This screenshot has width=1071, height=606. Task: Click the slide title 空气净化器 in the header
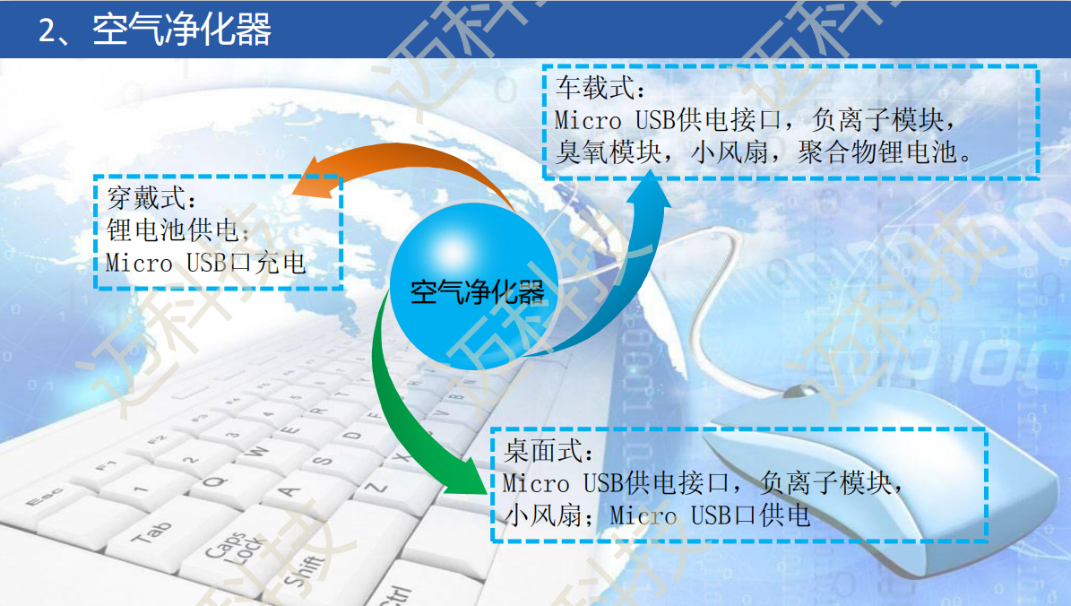click(x=182, y=30)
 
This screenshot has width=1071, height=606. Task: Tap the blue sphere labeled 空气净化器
click(x=474, y=286)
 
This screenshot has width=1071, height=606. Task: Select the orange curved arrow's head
click(x=315, y=178)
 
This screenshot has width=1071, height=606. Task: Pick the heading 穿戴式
click(x=146, y=198)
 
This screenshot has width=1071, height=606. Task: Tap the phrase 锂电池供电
click(x=172, y=230)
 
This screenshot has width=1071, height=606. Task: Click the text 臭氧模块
click(x=608, y=151)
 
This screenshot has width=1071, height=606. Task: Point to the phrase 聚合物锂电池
click(x=877, y=151)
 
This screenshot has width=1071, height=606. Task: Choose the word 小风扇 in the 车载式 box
click(x=730, y=151)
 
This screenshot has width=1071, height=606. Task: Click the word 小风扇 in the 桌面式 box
click(x=542, y=515)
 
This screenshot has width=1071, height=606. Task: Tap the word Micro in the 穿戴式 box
click(x=139, y=263)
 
